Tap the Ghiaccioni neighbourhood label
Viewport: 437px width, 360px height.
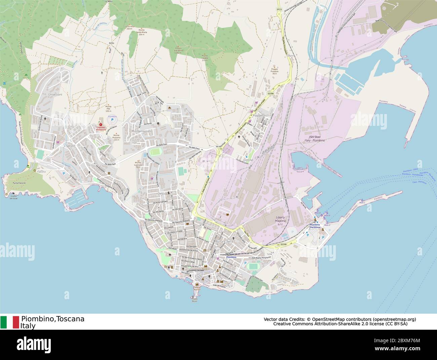click(55, 95)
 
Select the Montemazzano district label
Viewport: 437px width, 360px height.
click(142, 131)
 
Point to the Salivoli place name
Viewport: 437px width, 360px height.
click(71, 146)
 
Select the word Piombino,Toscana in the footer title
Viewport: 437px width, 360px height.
click(53, 319)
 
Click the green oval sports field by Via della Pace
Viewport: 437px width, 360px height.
click(155, 152)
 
